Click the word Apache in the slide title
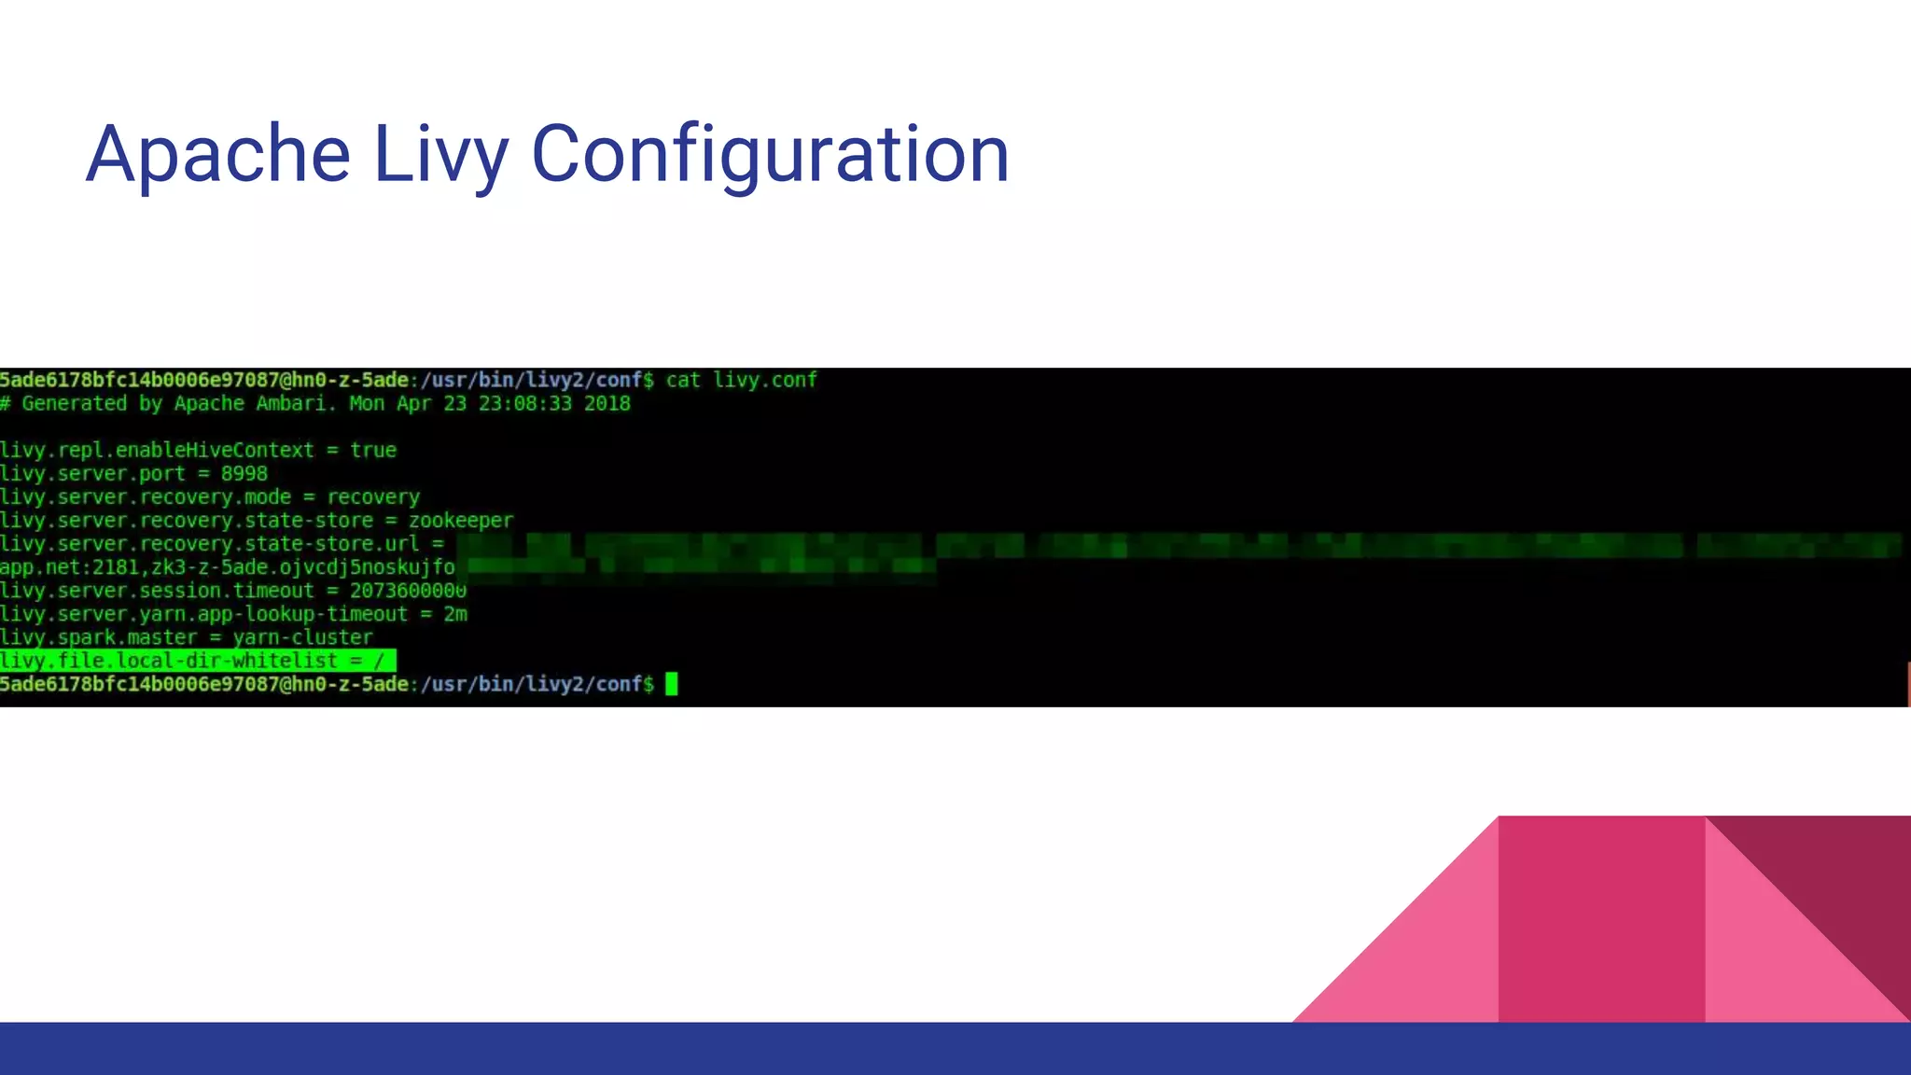point(217,154)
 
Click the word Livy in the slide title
point(440,154)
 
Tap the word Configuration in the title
point(770,154)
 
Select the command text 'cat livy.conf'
point(741,380)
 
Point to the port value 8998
point(244,474)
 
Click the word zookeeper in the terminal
point(460,521)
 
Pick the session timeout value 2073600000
point(408,591)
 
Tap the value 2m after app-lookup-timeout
point(455,614)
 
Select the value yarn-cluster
point(302,637)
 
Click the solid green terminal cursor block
point(671,684)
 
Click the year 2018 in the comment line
point(607,404)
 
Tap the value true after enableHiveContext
point(373,451)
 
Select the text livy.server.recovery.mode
point(146,497)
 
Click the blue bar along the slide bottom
point(955,1049)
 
